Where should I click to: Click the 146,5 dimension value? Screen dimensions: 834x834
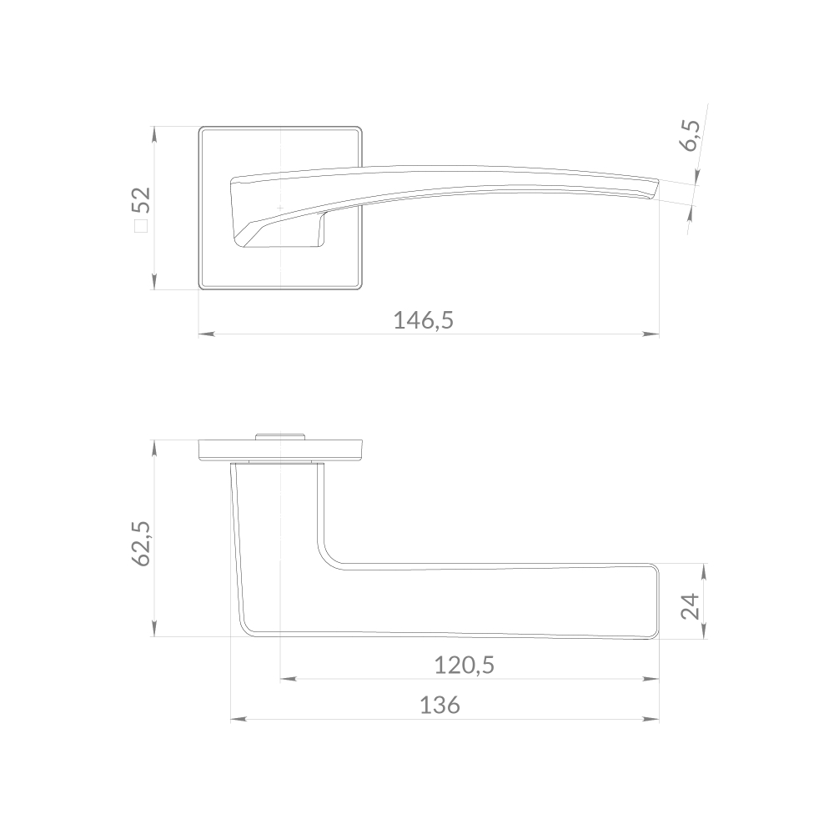tap(424, 321)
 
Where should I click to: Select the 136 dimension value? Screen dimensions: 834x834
tap(440, 706)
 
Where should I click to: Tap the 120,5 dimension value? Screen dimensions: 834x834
tap(465, 666)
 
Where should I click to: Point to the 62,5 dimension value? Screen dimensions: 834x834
tap(142, 544)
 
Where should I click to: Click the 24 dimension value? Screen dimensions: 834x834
tap(691, 605)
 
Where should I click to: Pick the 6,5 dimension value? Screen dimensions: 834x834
tap(691, 136)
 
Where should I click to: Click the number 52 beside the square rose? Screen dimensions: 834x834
tap(142, 200)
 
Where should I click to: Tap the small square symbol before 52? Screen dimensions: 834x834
tap(141, 225)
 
